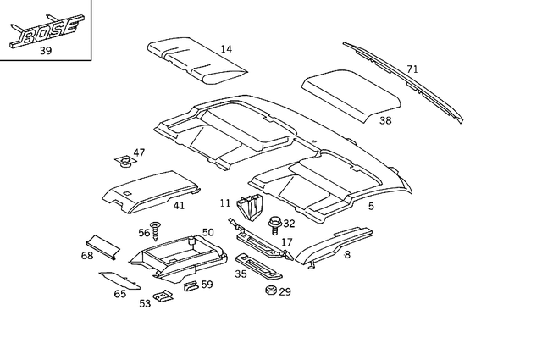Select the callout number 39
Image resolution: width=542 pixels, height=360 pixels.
46,51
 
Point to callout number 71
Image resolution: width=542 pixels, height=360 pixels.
412,69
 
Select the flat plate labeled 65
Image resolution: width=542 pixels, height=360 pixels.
119,279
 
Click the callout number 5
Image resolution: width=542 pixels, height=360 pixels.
370,205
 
